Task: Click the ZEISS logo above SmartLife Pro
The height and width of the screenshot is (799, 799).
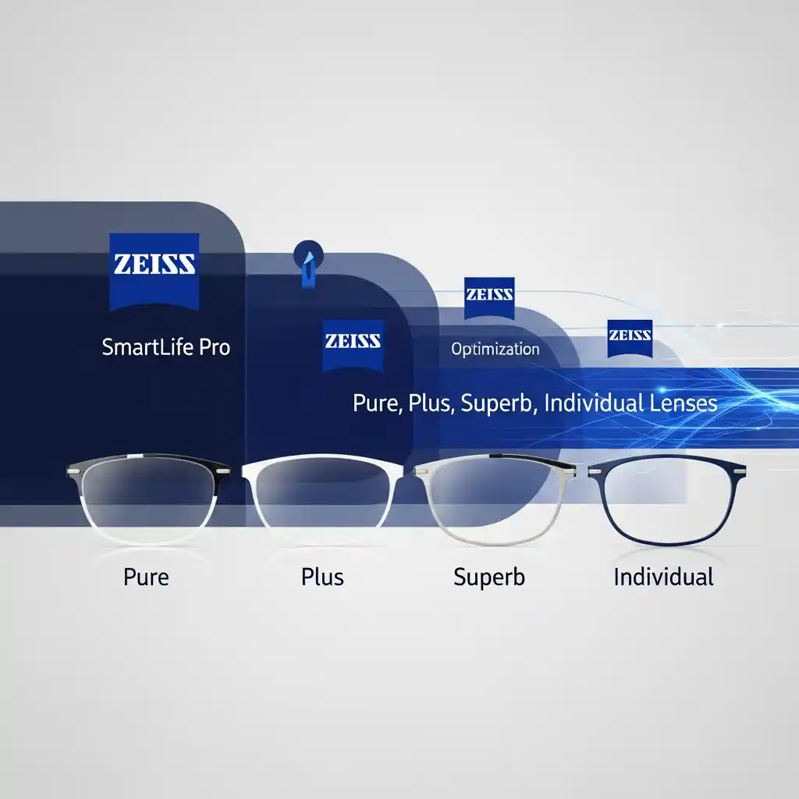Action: pos(154,272)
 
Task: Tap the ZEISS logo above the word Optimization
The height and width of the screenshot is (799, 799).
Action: pos(489,298)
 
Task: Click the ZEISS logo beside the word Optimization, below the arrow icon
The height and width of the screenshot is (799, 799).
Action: pos(353,346)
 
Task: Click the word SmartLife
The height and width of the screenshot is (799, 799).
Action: pos(147,347)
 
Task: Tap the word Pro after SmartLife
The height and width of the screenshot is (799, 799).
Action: pos(215,347)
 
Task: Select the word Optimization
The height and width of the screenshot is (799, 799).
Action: pos(495,349)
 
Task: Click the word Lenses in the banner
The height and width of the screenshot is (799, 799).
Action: pos(684,403)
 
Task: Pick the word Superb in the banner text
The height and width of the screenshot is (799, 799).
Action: pos(496,403)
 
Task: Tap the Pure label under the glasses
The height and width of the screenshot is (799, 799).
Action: pos(146,577)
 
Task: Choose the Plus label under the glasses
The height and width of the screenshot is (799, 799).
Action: pos(322,577)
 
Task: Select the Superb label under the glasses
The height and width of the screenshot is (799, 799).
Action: pos(489,577)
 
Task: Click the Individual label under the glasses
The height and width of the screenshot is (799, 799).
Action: pos(663,577)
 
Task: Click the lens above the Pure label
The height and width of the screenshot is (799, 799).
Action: pos(147,497)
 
